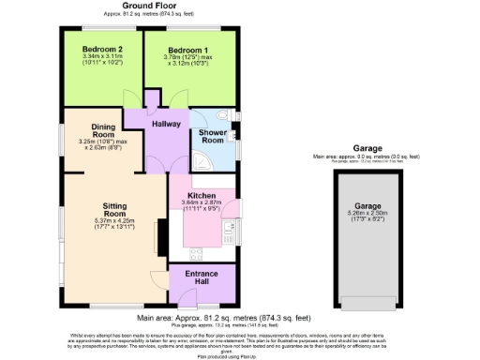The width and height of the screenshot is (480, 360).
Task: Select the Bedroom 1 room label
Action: point(188,48)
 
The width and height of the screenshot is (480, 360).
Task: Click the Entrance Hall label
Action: point(201,277)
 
